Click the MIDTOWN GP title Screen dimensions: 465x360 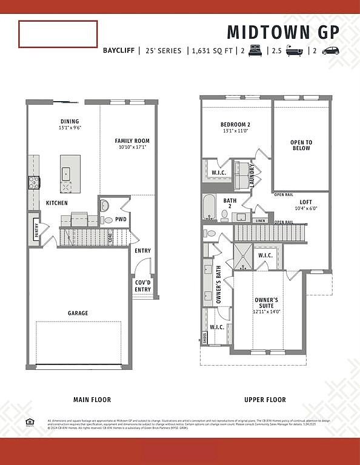coord(283,31)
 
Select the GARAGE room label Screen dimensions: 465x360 coord(78,313)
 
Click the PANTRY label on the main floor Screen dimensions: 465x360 coord(36,231)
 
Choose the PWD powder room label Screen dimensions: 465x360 coord(121,219)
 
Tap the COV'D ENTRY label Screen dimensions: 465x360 coord(143,286)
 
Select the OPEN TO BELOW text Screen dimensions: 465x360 coord(301,145)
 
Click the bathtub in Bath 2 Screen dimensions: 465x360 coord(209,208)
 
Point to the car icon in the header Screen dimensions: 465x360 coord(330,51)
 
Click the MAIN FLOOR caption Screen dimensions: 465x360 coord(92,400)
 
